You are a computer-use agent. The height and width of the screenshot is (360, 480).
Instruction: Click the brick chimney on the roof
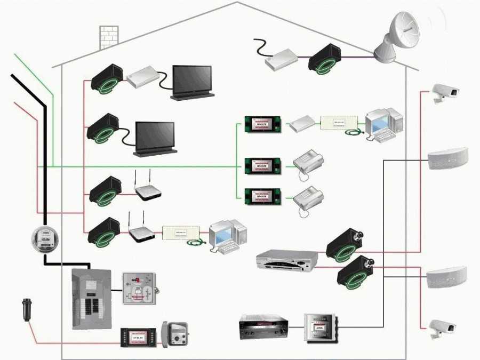109,37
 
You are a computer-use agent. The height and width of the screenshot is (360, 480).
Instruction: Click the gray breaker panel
91,298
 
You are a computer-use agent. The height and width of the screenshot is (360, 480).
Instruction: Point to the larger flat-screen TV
192,82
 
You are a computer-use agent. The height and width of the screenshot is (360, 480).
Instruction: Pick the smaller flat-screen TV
155,138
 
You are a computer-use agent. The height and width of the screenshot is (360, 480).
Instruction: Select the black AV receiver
263,327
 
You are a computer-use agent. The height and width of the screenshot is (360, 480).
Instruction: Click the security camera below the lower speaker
443,328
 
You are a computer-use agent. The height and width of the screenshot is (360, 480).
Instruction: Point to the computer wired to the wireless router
227,235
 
